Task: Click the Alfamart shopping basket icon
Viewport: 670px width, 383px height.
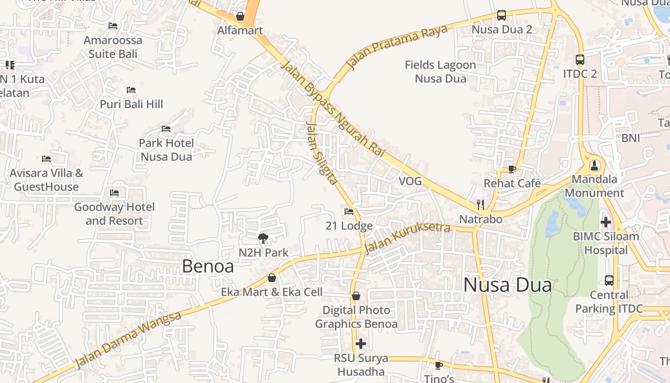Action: tap(240, 17)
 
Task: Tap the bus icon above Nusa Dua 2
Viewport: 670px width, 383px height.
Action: tap(501, 15)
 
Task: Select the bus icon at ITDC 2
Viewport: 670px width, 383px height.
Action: tap(580, 60)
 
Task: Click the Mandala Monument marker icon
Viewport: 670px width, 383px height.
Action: tap(594, 166)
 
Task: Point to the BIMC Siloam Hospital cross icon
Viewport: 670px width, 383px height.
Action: tap(606, 222)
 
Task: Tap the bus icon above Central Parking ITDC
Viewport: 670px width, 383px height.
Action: tap(609, 281)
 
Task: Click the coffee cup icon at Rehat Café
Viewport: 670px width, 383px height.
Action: tap(512, 169)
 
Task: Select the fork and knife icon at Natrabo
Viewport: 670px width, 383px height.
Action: tap(480, 205)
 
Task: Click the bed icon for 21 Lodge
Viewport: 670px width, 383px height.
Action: tap(349, 211)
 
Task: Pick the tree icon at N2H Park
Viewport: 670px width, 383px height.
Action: tap(263, 238)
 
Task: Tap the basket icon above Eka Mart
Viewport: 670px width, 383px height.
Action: tap(272, 278)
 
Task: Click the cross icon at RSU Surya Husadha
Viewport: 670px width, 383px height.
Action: tap(361, 344)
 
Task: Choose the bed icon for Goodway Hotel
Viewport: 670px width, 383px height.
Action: tap(114, 193)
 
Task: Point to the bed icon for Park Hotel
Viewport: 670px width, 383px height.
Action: tap(166, 129)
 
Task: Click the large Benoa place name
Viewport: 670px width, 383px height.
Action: tap(208, 267)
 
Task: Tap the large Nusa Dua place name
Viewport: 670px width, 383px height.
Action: tap(507, 285)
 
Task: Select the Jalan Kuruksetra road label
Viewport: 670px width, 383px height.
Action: tap(407, 238)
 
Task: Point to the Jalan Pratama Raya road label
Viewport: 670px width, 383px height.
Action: tap(397, 46)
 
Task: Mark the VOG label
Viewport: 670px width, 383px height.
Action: tap(410, 181)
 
